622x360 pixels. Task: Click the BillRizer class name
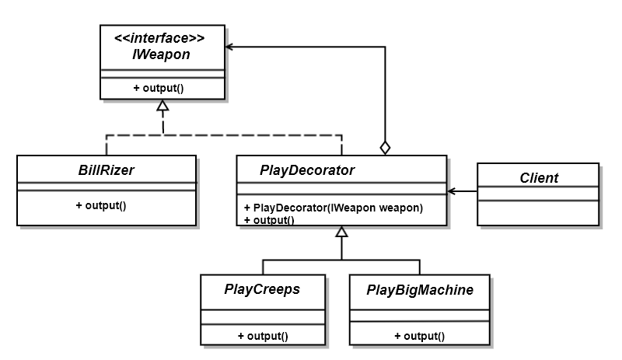(107, 170)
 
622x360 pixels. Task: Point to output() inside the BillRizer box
(101, 206)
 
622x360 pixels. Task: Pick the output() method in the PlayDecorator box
(269, 219)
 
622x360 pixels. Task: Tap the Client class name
(539, 177)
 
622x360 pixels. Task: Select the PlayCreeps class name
(262, 289)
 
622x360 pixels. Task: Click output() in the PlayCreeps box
(263, 336)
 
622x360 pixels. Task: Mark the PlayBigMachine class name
(420, 289)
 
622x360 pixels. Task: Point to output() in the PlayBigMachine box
(420, 336)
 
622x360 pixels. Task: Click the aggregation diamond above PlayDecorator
(385, 147)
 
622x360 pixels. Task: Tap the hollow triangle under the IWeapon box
(163, 106)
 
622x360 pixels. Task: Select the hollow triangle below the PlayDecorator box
(341, 232)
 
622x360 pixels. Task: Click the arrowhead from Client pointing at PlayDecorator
(452, 190)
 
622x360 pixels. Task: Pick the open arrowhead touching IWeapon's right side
(231, 47)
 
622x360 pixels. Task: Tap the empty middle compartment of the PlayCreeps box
(262, 318)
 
